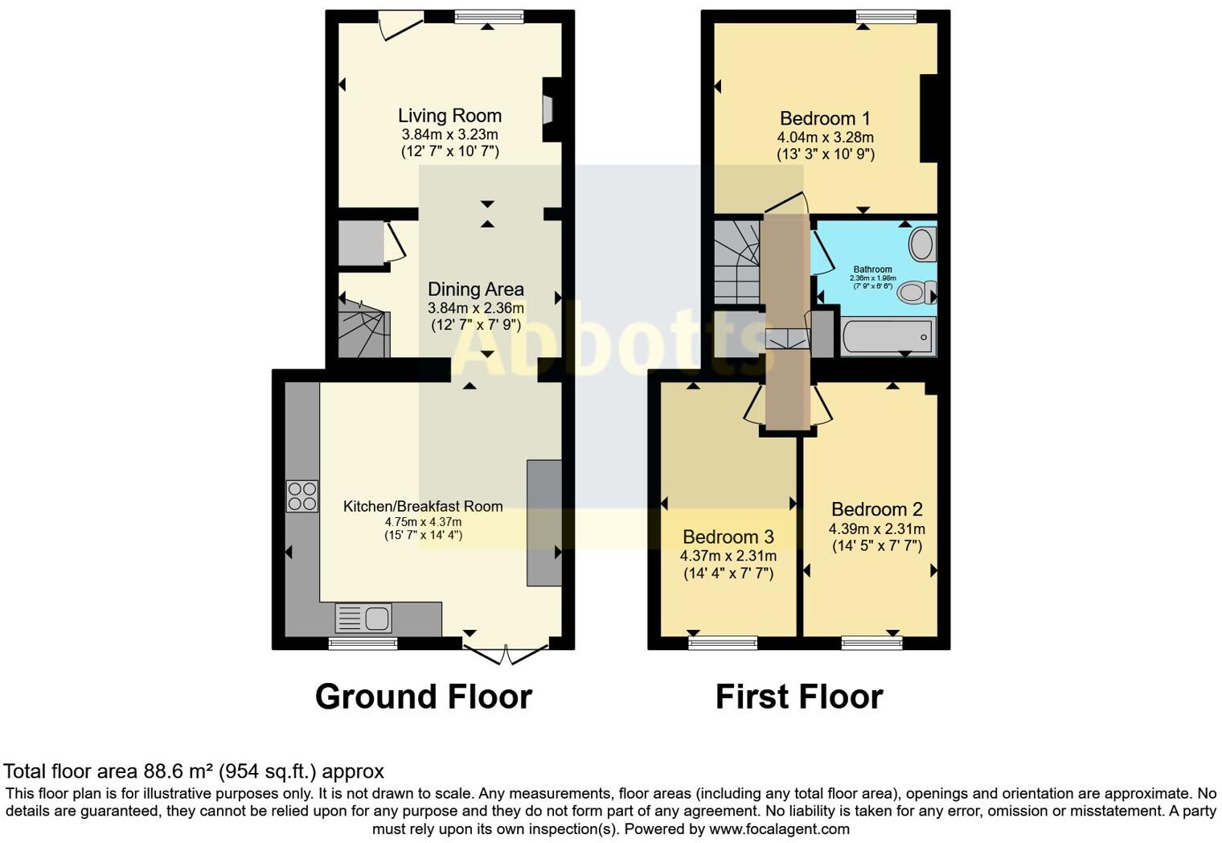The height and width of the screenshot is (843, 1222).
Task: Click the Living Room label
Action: coord(449,116)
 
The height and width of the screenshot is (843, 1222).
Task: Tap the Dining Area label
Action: coord(475,290)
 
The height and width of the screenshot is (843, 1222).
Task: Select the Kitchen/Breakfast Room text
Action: coord(423,507)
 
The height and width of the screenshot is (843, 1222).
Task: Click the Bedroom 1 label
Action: coord(825,119)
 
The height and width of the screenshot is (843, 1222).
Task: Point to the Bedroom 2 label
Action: coord(876,509)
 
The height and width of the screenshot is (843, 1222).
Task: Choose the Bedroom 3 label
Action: coord(728,537)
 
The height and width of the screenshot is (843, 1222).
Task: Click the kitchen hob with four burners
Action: coord(302,496)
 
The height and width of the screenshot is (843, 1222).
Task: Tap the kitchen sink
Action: coord(364,618)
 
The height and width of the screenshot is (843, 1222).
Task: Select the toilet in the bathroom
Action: coord(916,292)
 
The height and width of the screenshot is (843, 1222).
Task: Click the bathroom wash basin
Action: coord(922,244)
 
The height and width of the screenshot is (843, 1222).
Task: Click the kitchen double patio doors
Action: coord(506,653)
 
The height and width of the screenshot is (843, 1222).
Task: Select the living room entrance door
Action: coord(400,24)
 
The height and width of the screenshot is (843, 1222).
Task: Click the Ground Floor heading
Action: coord(423,697)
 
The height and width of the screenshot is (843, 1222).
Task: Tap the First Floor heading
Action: coord(799,697)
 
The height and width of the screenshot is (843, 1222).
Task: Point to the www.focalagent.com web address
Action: coord(778,829)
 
